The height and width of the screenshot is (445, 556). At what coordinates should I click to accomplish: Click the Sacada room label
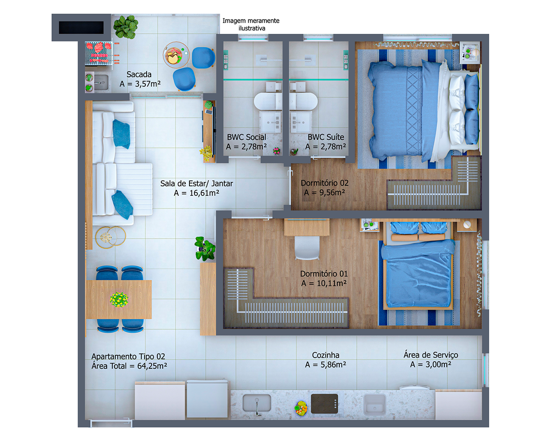pyautogui.click(x=139, y=75)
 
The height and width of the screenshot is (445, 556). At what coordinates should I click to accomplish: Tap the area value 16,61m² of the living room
pyautogui.click(x=204, y=193)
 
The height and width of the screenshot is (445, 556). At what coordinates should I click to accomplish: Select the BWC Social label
pyautogui.click(x=246, y=137)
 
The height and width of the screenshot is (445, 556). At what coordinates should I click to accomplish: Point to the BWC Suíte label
pyautogui.click(x=326, y=137)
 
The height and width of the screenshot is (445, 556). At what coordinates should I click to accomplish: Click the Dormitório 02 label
pyautogui.click(x=325, y=183)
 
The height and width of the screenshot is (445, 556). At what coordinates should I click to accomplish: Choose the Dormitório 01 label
pyautogui.click(x=324, y=274)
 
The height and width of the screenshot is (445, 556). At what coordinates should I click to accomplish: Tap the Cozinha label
pyautogui.click(x=325, y=355)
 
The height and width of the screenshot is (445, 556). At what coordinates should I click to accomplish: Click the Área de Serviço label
pyautogui.click(x=431, y=355)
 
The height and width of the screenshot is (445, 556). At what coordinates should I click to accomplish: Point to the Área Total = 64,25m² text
pyautogui.click(x=129, y=366)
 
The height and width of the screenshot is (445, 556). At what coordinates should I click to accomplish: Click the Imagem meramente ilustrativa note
pyautogui.click(x=251, y=24)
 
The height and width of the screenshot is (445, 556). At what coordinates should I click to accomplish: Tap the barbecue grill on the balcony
pyautogui.click(x=99, y=53)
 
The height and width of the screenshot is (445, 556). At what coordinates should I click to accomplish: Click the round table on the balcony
pyautogui.click(x=176, y=55)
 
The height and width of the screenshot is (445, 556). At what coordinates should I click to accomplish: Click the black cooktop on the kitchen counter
pyautogui.click(x=325, y=404)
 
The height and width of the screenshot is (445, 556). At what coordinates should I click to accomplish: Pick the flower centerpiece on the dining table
pyautogui.click(x=119, y=300)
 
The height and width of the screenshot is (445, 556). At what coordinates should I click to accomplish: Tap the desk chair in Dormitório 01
pyautogui.click(x=307, y=248)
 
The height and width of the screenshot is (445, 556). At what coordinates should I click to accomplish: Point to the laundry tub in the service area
pyautogui.click(x=375, y=404)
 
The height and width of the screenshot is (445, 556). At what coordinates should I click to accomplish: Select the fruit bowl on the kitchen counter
pyautogui.click(x=301, y=408)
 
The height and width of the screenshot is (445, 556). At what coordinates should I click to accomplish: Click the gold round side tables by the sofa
pyautogui.click(x=110, y=237)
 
